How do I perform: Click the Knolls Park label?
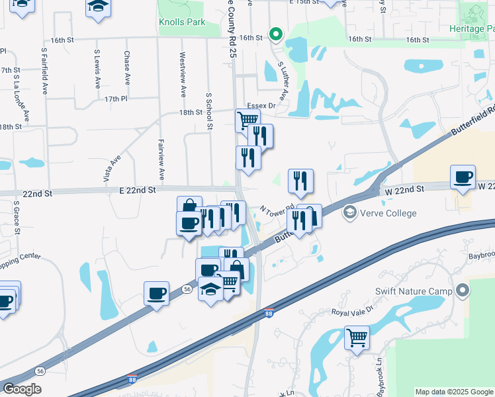tap(182, 22)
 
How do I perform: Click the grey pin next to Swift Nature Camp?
tap(463, 290)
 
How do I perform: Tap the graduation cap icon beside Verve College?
tap(349, 213)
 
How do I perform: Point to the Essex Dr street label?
tap(261, 106)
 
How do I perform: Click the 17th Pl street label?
tap(115, 99)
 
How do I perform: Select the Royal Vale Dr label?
tap(353, 312)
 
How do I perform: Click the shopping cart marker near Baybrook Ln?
tap(357, 337)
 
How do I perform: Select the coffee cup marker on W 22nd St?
tap(463, 177)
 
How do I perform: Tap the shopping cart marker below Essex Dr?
tap(247, 120)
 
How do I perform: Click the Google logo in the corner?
tap(22, 389)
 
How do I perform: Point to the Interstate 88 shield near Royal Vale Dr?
tap(269, 312)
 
